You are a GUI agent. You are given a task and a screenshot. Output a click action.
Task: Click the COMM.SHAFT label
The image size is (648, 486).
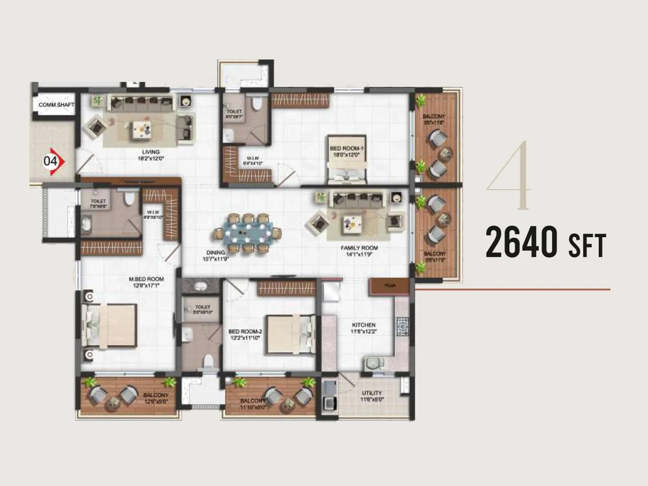click(56, 105)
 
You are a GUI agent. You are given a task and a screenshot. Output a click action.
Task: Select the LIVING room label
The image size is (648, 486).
click(151, 152)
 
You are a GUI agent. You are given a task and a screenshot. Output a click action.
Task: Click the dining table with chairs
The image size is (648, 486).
click(247, 233)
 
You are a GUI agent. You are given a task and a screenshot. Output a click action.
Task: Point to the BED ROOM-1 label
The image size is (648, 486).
click(347, 149)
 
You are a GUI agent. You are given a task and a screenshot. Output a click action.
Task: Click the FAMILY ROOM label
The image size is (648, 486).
click(359, 248)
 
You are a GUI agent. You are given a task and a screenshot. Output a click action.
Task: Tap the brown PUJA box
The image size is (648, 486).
click(390, 286)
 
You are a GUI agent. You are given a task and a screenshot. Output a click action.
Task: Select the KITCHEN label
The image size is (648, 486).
click(364, 325)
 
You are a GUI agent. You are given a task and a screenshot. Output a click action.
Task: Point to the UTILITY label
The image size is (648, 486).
click(372, 393)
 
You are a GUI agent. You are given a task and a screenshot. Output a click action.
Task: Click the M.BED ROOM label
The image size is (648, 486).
click(146, 279)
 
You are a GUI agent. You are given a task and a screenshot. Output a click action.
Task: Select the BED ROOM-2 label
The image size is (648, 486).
click(245, 331)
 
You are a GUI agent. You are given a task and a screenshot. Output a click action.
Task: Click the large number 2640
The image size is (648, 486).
click(522, 242)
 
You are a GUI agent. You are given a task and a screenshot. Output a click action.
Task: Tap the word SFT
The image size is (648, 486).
click(587, 245)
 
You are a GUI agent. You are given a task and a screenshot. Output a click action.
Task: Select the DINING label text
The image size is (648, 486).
click(215, 252)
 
